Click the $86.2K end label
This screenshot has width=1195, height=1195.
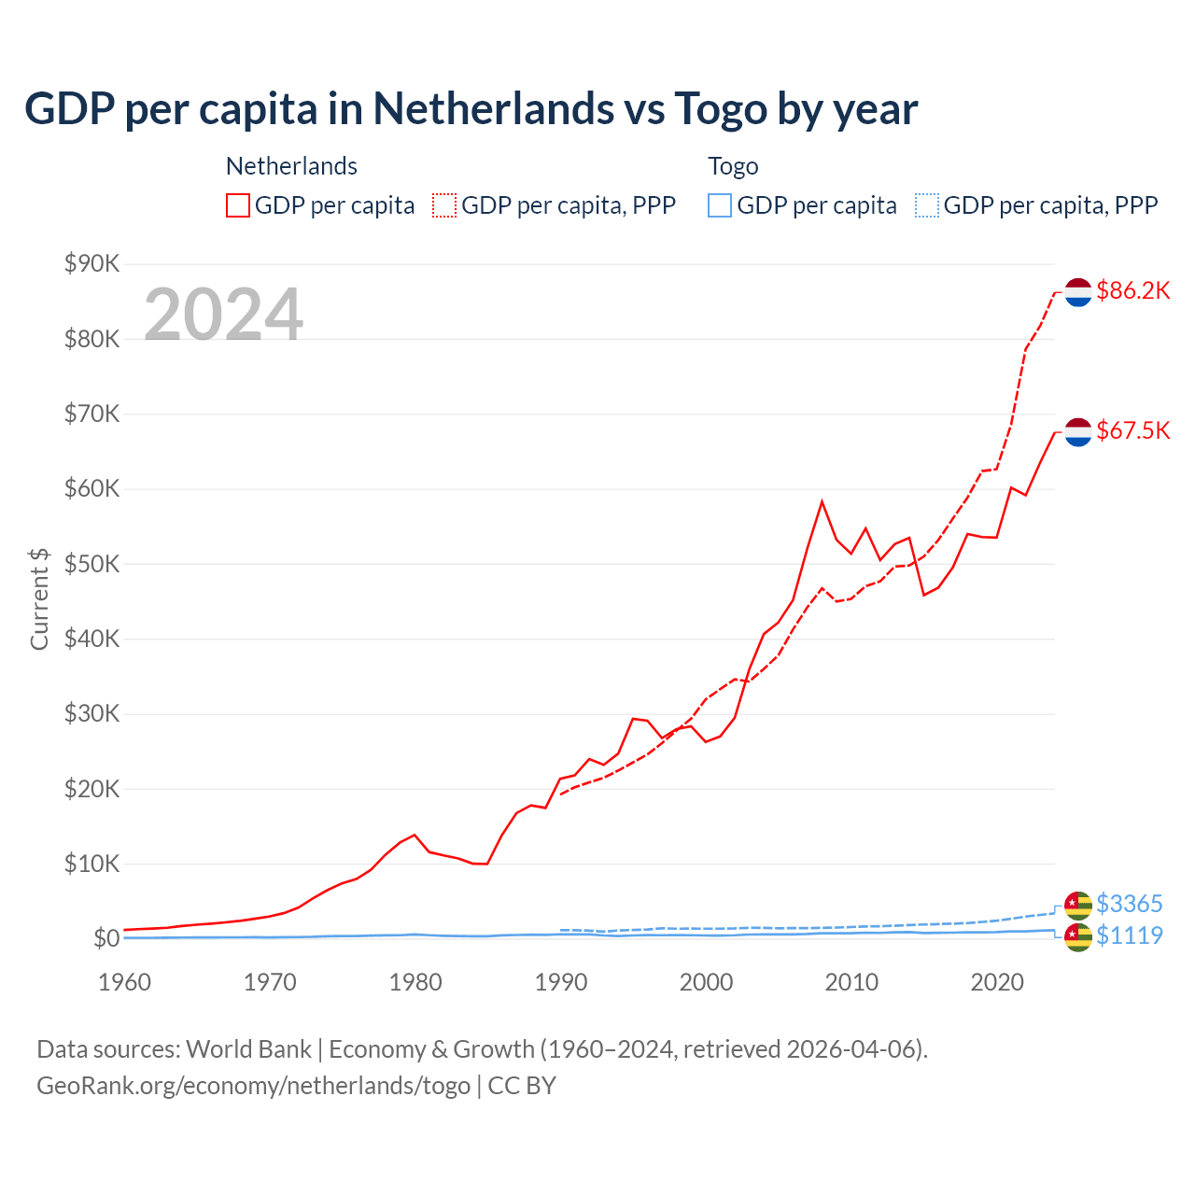coord(1132,290)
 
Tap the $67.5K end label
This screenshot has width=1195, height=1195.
coord(1132,430)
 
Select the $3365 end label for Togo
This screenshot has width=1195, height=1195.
coord(1129,904)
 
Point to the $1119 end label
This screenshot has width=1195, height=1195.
coord(1129,935)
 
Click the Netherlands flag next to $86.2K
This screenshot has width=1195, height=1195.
coord(1078,291)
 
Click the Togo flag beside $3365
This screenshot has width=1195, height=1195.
coord(1078,905)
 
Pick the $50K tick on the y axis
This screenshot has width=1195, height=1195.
coord(91,564)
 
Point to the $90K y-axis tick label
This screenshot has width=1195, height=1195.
coord(91,263)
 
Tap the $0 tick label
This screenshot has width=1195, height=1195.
coord(105,938)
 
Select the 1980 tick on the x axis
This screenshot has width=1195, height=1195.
coord(415,982)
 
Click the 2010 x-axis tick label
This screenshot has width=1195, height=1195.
coord(851,982)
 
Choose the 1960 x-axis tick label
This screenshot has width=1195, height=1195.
coord(125,982)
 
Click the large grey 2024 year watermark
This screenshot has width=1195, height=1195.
coord(223,315)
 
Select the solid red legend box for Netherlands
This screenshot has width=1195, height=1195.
coord(238,205)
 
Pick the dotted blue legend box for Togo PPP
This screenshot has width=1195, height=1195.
coord(927,205)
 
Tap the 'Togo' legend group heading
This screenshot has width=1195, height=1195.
coord(733,166)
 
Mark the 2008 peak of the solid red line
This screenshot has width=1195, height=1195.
coord(822,502)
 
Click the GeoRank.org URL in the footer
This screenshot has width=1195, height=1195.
coord(253,1086)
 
